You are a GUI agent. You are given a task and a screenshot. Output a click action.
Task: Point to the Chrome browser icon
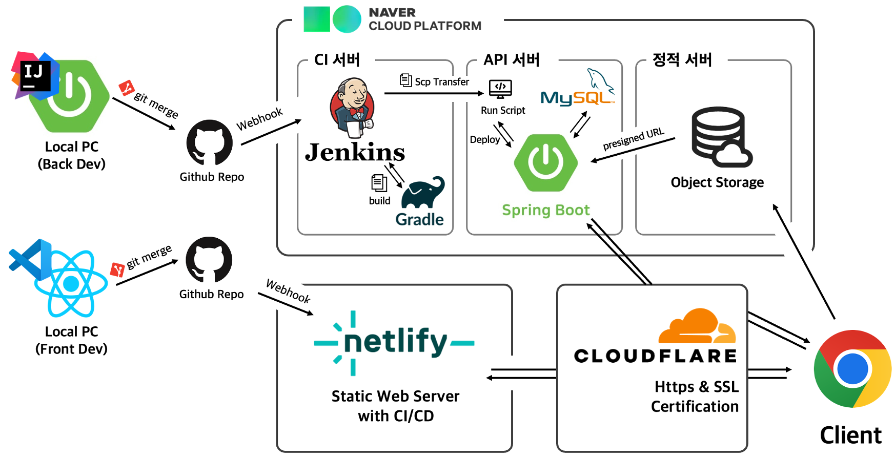(x=852, y=368)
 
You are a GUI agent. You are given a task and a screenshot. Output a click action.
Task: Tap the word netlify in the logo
(x=395, y=342)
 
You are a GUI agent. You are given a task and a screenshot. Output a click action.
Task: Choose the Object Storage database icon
(x=721, y=137)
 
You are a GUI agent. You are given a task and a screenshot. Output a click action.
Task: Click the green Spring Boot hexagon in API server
(x=546, y=162)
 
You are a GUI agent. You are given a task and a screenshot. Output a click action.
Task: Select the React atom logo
(x=71, y=283)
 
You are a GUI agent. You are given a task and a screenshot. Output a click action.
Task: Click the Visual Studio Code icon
(x=30, y=259)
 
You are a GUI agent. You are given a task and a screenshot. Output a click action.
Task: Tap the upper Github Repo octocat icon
(x=209, y=143)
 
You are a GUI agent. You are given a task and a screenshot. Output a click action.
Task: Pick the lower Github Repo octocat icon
(x=209, y=260)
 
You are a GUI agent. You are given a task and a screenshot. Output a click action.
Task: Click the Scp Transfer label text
(x=441, y=82)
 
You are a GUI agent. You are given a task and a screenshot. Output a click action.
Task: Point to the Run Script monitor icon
(x=500, y=89)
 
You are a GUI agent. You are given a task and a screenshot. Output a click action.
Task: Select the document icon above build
(x=379, y=183)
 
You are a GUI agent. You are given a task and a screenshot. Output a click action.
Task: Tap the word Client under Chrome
(x=850, y=435)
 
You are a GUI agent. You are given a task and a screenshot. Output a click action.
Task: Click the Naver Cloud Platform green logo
(x=332, y=19)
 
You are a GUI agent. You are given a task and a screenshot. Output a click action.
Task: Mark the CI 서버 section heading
(x=337, y=60)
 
